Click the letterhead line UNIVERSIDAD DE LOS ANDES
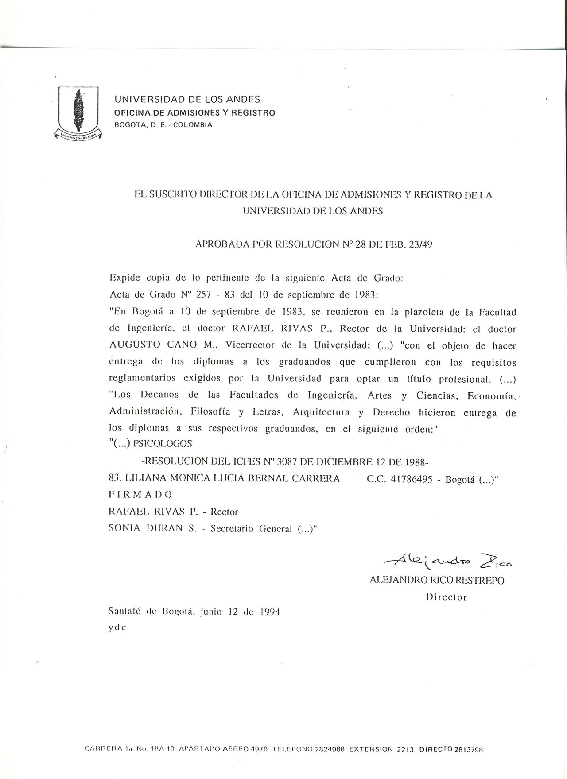tap(187, 100)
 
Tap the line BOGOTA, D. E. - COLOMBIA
tap(163, 125)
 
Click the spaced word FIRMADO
tap(140, 495)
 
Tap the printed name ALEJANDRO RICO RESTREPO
tap(437, 581)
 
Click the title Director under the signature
tap(446, 597)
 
